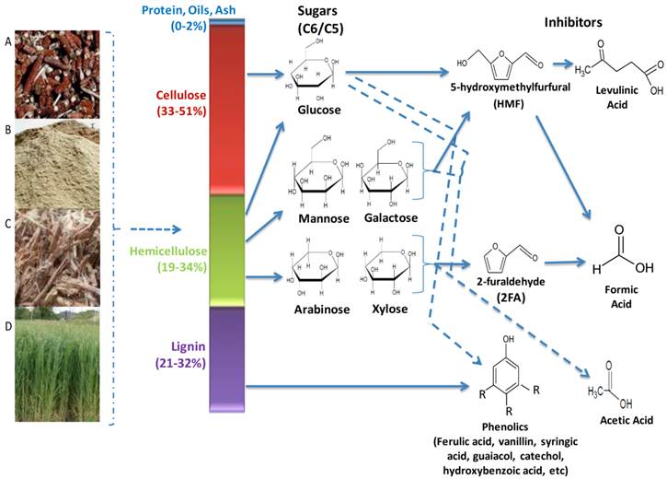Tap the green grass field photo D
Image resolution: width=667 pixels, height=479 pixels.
[52, 365]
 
